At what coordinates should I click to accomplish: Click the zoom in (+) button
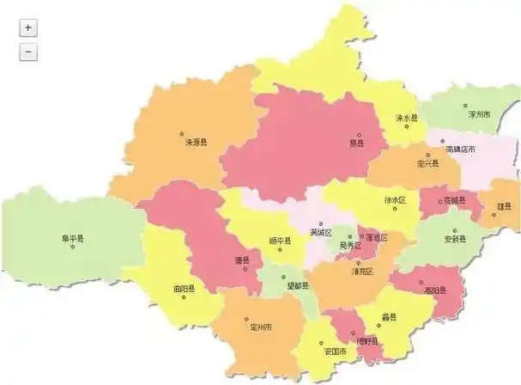pyautogui.click(x=28, y=27)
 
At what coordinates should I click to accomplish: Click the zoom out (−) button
pyautogui.click(x=28, y=52)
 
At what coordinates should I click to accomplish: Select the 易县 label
pyautogui.click(x=356, y=143)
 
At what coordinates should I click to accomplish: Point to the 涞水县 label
pyautogui.click(x=406, y=118)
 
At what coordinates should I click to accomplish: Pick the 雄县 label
pyautogui.click(x=505, y=206)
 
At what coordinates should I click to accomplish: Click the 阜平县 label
pyautogui.click(x=72, y=238)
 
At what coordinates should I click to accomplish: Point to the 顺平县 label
pyautogui.click(x=280, y=241)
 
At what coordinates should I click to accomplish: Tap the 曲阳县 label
pyautogui.click(x=183, y=289)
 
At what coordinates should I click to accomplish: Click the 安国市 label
pyautogui.click(x=335, y=352)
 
